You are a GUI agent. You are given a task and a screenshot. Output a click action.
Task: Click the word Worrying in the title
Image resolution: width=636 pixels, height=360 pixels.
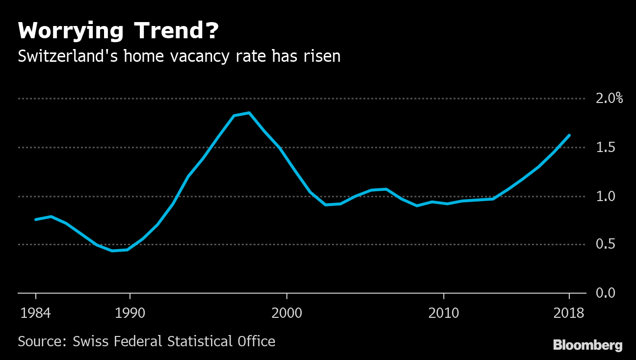pyautogui.click(x=70, y=32)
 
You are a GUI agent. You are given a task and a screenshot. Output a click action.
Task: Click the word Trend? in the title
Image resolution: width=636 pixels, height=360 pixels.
pyautogui.click(x=176, y=31)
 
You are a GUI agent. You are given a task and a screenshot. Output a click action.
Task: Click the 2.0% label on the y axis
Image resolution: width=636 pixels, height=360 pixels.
pyautogui.click(x=609, y=99)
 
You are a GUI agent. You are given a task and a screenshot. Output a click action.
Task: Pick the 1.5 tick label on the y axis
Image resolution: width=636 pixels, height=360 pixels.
pyautogui.click(x=605, y=147)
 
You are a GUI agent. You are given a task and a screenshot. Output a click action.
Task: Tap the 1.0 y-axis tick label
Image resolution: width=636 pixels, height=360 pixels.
pyautogui.click(x=605, y=196)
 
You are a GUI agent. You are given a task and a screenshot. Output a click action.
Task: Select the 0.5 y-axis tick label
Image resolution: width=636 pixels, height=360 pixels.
pyautogui.click(x=605, y=244)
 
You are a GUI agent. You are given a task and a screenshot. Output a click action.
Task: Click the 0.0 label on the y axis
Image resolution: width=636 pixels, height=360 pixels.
pyautogui.click(x=605, y=293)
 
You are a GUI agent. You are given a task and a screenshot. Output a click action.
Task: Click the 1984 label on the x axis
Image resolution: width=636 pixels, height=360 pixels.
pyautogui.click(x=35, y=312)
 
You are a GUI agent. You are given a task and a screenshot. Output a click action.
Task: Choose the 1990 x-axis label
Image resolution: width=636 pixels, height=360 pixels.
pyautogui.click(x=130, y=312)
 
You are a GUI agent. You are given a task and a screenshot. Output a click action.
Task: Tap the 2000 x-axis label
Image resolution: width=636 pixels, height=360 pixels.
pyautogui.click(x=287, y=312)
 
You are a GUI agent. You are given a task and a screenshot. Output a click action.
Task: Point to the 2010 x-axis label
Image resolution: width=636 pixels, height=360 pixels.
pyautogui.click(x=444, y=312)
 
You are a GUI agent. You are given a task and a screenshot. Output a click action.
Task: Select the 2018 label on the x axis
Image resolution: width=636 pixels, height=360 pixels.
pyautogui.click(x=569, y=312)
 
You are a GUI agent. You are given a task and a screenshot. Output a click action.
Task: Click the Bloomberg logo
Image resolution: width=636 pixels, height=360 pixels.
pyautogui.click(x=587, y=345)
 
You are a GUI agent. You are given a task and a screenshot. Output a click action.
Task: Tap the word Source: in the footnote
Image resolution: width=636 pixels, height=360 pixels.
pyautogui.click(x=42, y=341)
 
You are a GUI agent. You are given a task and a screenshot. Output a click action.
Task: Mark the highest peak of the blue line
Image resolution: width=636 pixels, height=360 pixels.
pyautogui.click(x=249, y=113)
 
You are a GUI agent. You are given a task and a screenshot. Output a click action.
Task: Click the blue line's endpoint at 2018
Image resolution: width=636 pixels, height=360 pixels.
pyautogui.click(x=569, y=135)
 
